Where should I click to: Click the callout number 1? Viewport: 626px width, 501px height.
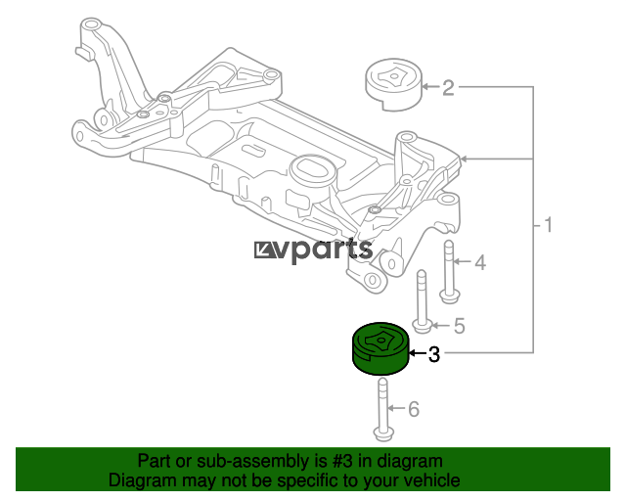pyautogui.click(x=548, y=225)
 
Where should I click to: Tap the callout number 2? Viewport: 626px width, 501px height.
pyautogui.click(x=448, y=87)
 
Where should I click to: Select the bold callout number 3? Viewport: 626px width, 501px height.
pyautogui.click(x=434, y=354)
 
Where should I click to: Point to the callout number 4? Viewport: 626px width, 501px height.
pyautogui.click(x=480, y=262)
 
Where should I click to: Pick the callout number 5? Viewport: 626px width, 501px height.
pyautogui.click(x=460, y=326)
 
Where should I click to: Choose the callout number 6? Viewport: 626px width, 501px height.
pyautogui.click(x=414, y=409)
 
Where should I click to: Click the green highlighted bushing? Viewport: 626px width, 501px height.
pyautogui.click(x=380, y=348)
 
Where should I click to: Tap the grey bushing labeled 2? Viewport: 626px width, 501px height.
pyautogui.click(x=393, y=85)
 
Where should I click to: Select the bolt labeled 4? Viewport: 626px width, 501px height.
pyautogui.click(x=450, y=272)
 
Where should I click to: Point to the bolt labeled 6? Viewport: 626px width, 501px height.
pyautogui.click(x=383, y=410)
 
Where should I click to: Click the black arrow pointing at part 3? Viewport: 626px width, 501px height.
pyautogui.click(x=418, y=353)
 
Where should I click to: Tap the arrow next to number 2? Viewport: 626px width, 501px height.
pyautogui.click(x=430, y=86)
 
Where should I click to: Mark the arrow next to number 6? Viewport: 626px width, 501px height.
pyautogui.click(x=396, y=408)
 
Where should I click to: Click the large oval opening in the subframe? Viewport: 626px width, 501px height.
pyautogui.click(x=311, y=168)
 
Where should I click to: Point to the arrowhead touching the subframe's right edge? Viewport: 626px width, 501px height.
pyautogui.click(x=463, y=159)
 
